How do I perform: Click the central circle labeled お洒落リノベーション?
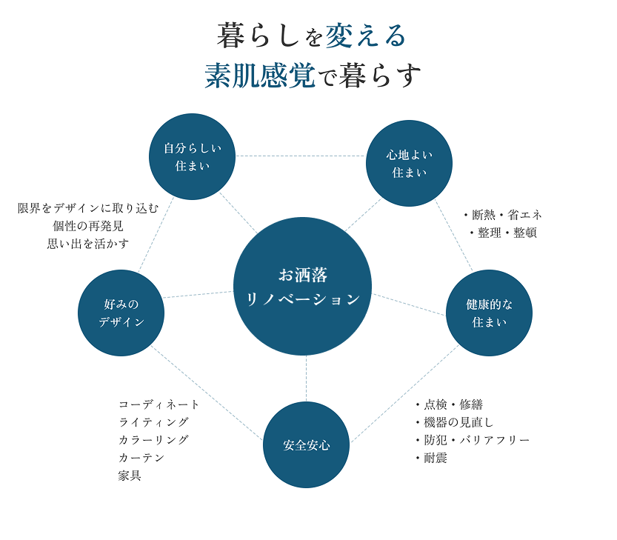point(302,286)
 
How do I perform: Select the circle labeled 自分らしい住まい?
point(192,156)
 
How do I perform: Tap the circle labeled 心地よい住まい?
point(409,163)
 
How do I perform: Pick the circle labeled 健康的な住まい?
point(489,313)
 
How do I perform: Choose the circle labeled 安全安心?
point(306,444)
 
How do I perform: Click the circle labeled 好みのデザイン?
point(121,313)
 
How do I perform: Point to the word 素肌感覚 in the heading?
point(260,76)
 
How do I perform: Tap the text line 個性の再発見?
point(88,226)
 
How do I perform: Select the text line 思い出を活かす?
point(88,244)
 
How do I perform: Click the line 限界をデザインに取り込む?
point(88,208)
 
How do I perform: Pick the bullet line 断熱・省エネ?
point(504,215)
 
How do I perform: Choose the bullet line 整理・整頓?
point(504,233)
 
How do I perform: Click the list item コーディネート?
point(159,404)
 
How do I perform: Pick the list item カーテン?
point(141,458)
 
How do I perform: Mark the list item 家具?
point(130,476)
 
